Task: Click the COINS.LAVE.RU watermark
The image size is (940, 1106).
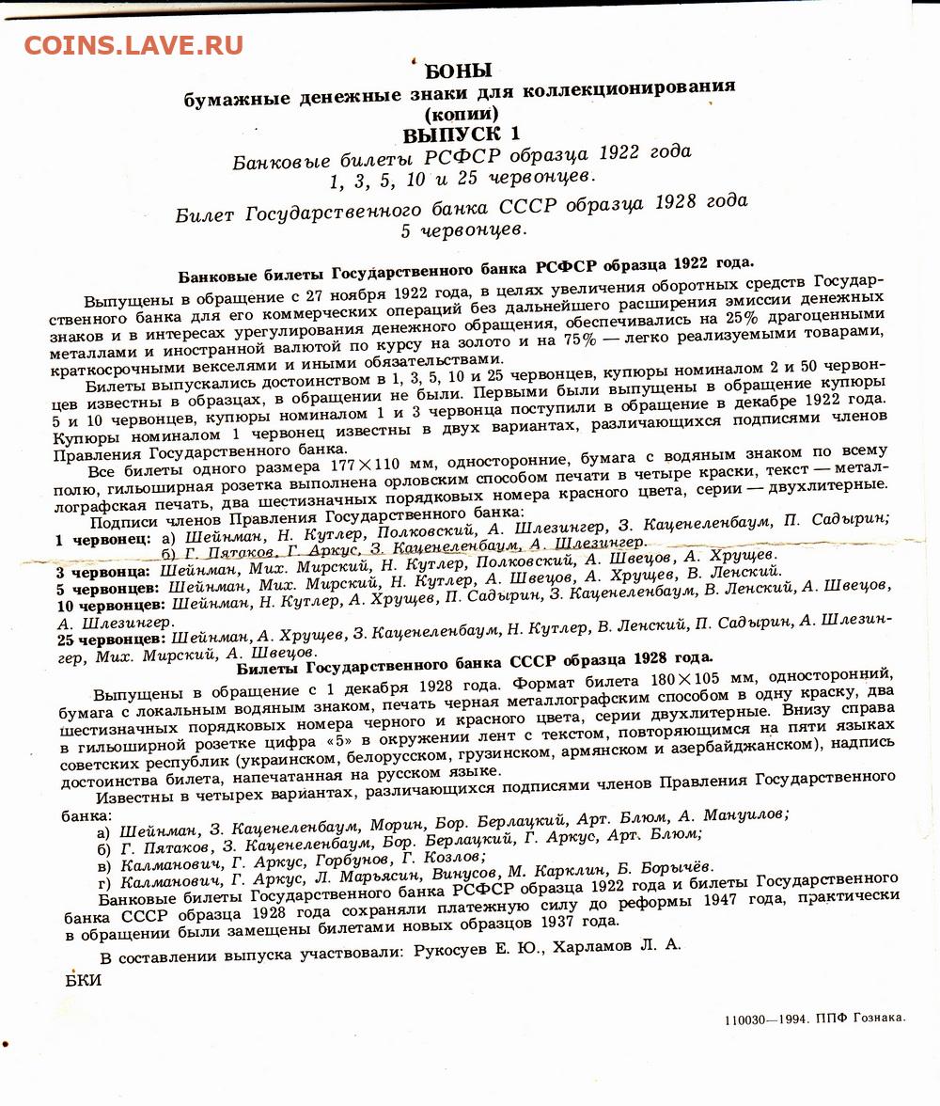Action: [133, 45]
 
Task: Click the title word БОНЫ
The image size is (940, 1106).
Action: [459, 71]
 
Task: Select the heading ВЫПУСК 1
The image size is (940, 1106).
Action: [461, 134]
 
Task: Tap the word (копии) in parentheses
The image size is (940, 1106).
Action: [461, 113]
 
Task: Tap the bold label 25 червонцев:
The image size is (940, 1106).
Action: [112, 638]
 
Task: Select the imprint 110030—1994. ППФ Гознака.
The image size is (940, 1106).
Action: [815, 1019]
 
